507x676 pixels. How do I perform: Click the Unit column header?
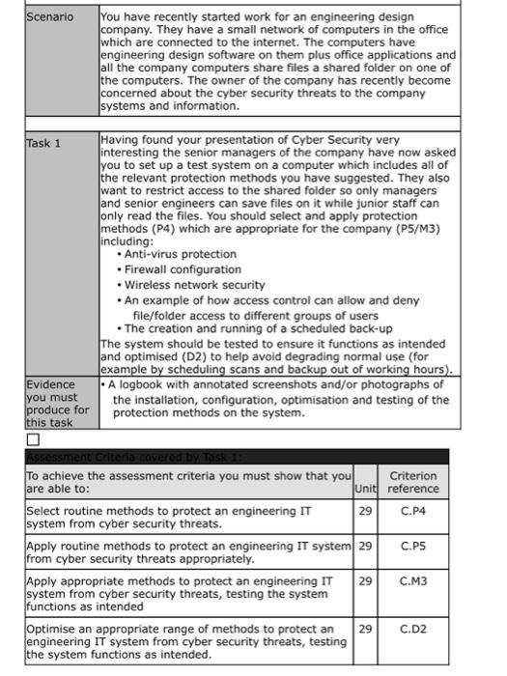coord(364,489)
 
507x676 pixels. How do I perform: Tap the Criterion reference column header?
coord(413,482)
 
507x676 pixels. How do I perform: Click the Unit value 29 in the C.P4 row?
coord(364,510)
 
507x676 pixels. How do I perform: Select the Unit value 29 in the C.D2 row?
coord(364,629)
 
